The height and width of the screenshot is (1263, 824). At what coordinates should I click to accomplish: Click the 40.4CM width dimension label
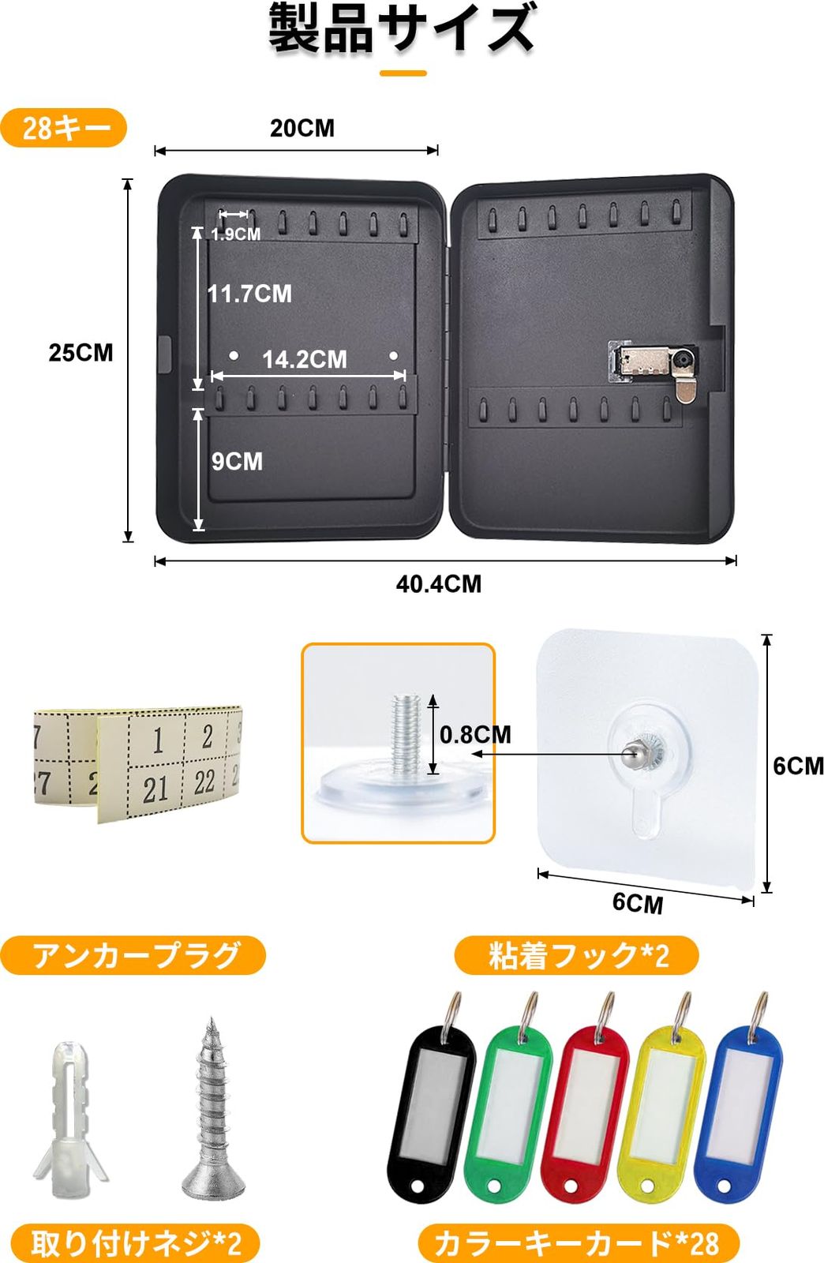point(438,584)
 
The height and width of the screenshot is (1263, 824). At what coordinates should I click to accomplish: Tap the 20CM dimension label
point(302,128)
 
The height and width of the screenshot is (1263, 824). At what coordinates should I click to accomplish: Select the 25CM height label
point(81,352)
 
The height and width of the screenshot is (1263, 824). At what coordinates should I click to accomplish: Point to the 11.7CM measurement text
point(249,294)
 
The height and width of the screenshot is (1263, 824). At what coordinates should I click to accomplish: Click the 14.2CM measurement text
point(305,359)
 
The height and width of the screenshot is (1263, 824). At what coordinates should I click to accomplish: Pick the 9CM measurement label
point(237,461)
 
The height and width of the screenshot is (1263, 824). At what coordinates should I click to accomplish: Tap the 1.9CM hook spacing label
point(235,234)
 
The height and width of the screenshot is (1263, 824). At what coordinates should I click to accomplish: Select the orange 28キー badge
point(64,128)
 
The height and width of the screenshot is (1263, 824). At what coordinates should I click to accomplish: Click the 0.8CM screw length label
point(475,735)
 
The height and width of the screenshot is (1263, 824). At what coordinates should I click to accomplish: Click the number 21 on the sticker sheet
point(155,788)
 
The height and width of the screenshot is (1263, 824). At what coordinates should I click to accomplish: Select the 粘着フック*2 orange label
point(577,956)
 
